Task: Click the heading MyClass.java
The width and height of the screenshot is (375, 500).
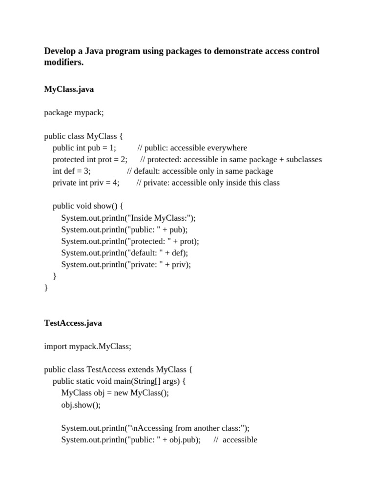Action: pyautogui.click(x=69, y=89)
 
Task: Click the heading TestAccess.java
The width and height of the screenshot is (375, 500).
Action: pyautogui.click(x=73, y=323)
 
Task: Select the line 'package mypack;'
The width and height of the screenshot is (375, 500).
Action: pyautogui.click(x=74, y=113)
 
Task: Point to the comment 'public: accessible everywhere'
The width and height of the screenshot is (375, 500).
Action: pyautogui.click(x=192, y=148)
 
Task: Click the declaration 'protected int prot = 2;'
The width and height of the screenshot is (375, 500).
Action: pyautogui.click(x=90, y=160)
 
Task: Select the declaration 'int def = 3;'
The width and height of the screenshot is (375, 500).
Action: pyautogui.click(x=72, y=171)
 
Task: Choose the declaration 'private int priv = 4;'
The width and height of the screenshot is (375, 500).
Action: pyautogui.click(x=86, y=183)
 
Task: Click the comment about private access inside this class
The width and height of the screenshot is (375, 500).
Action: pyautogui.click(x=208, y=183)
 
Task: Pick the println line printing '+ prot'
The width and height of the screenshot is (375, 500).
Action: pyautogui.click(x=130, y=241)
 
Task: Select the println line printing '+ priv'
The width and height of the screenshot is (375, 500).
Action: pyautogui.click(x=126, y=265)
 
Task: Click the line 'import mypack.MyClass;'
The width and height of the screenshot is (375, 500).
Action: pyautogui.click(x=88, y=346)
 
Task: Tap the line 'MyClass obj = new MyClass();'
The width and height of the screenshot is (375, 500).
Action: pyautogui.click(x=115, y=393)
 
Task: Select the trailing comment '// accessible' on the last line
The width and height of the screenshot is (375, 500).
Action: pyautogui.click(x=235, y=440)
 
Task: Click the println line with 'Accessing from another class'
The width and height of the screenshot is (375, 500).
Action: pyautogui.click(x=155, y=428)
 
